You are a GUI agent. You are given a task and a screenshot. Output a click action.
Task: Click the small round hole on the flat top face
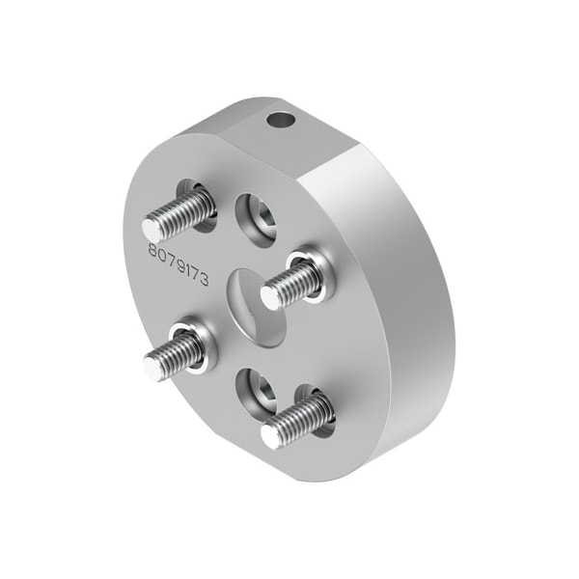point(281,120)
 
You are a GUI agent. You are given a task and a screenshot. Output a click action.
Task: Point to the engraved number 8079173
point(179,263)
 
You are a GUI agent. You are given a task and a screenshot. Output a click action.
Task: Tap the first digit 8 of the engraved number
point(152,250)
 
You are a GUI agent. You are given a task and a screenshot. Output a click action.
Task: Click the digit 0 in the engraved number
point(162,255)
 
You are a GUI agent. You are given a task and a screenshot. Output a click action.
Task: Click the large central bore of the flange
point(258,308)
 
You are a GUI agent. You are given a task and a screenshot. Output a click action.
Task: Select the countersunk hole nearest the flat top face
point(257,220)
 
